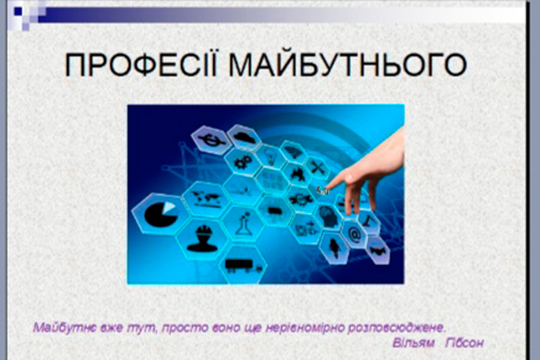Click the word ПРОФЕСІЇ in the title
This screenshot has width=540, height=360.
pyautogui.click(x=141, y=64)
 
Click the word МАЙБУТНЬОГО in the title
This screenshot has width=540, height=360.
pyautogui.click(x=348, y=64)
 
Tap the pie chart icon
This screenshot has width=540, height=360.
pyautogui.click(x=161, y=214)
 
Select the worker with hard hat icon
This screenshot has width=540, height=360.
pyautogui.click(x=203, y=238)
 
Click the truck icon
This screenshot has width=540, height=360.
pyautogui.click(x=244, y=265)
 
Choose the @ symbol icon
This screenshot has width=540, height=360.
pyautogui.click(x=355, y=235)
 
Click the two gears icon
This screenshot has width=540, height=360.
pyautogui.click(x=242, y=161)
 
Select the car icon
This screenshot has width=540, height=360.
pyautogui.click(x=245, y=137)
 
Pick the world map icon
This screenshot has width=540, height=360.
pyautogui.click(x=206, y=199)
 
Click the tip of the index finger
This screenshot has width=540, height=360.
pyautogui.click(x=327, y=187)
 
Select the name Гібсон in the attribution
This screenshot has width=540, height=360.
pyautogui.click(x=464, y=343)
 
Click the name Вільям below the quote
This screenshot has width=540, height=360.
pyautogui.click(x=413, y=343)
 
